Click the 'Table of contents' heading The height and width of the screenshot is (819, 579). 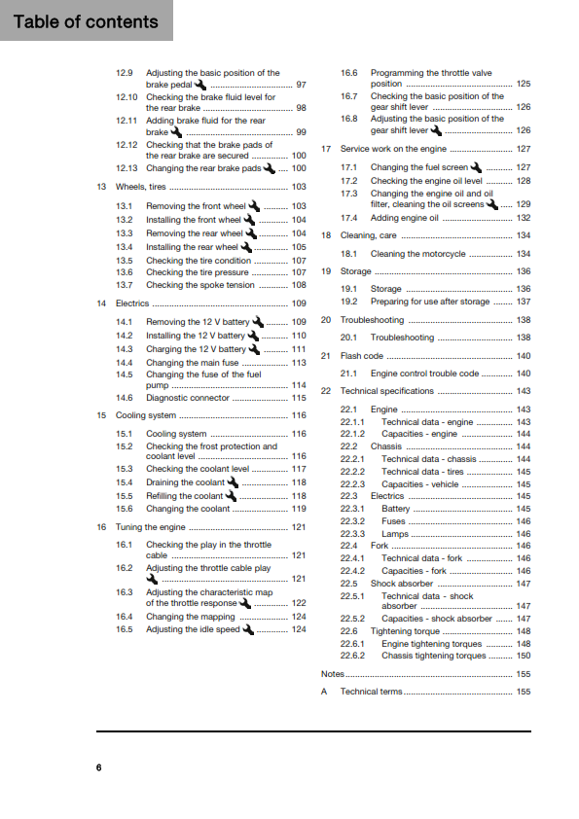pos(86,21)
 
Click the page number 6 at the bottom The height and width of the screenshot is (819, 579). pos(98,767)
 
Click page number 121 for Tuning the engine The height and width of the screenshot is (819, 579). pos(299,526)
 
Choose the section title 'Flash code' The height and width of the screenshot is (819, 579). pos(361,356)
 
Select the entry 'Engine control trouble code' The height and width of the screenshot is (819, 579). pos(424,374)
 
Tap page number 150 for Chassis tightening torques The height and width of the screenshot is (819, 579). pos(524,656)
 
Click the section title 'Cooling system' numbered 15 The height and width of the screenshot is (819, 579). pos(146,415)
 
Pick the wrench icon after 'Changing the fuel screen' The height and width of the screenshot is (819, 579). pos(476,167)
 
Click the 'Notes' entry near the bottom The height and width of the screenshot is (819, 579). pos(333,673)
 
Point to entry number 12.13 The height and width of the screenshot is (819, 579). pos(127,168)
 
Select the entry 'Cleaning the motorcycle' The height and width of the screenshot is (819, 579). pos(417,254)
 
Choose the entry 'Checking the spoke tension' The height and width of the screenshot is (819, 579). pos(199,286)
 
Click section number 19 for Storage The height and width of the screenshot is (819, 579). pos(327,271)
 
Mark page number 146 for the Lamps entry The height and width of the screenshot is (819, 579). pos(524,534)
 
